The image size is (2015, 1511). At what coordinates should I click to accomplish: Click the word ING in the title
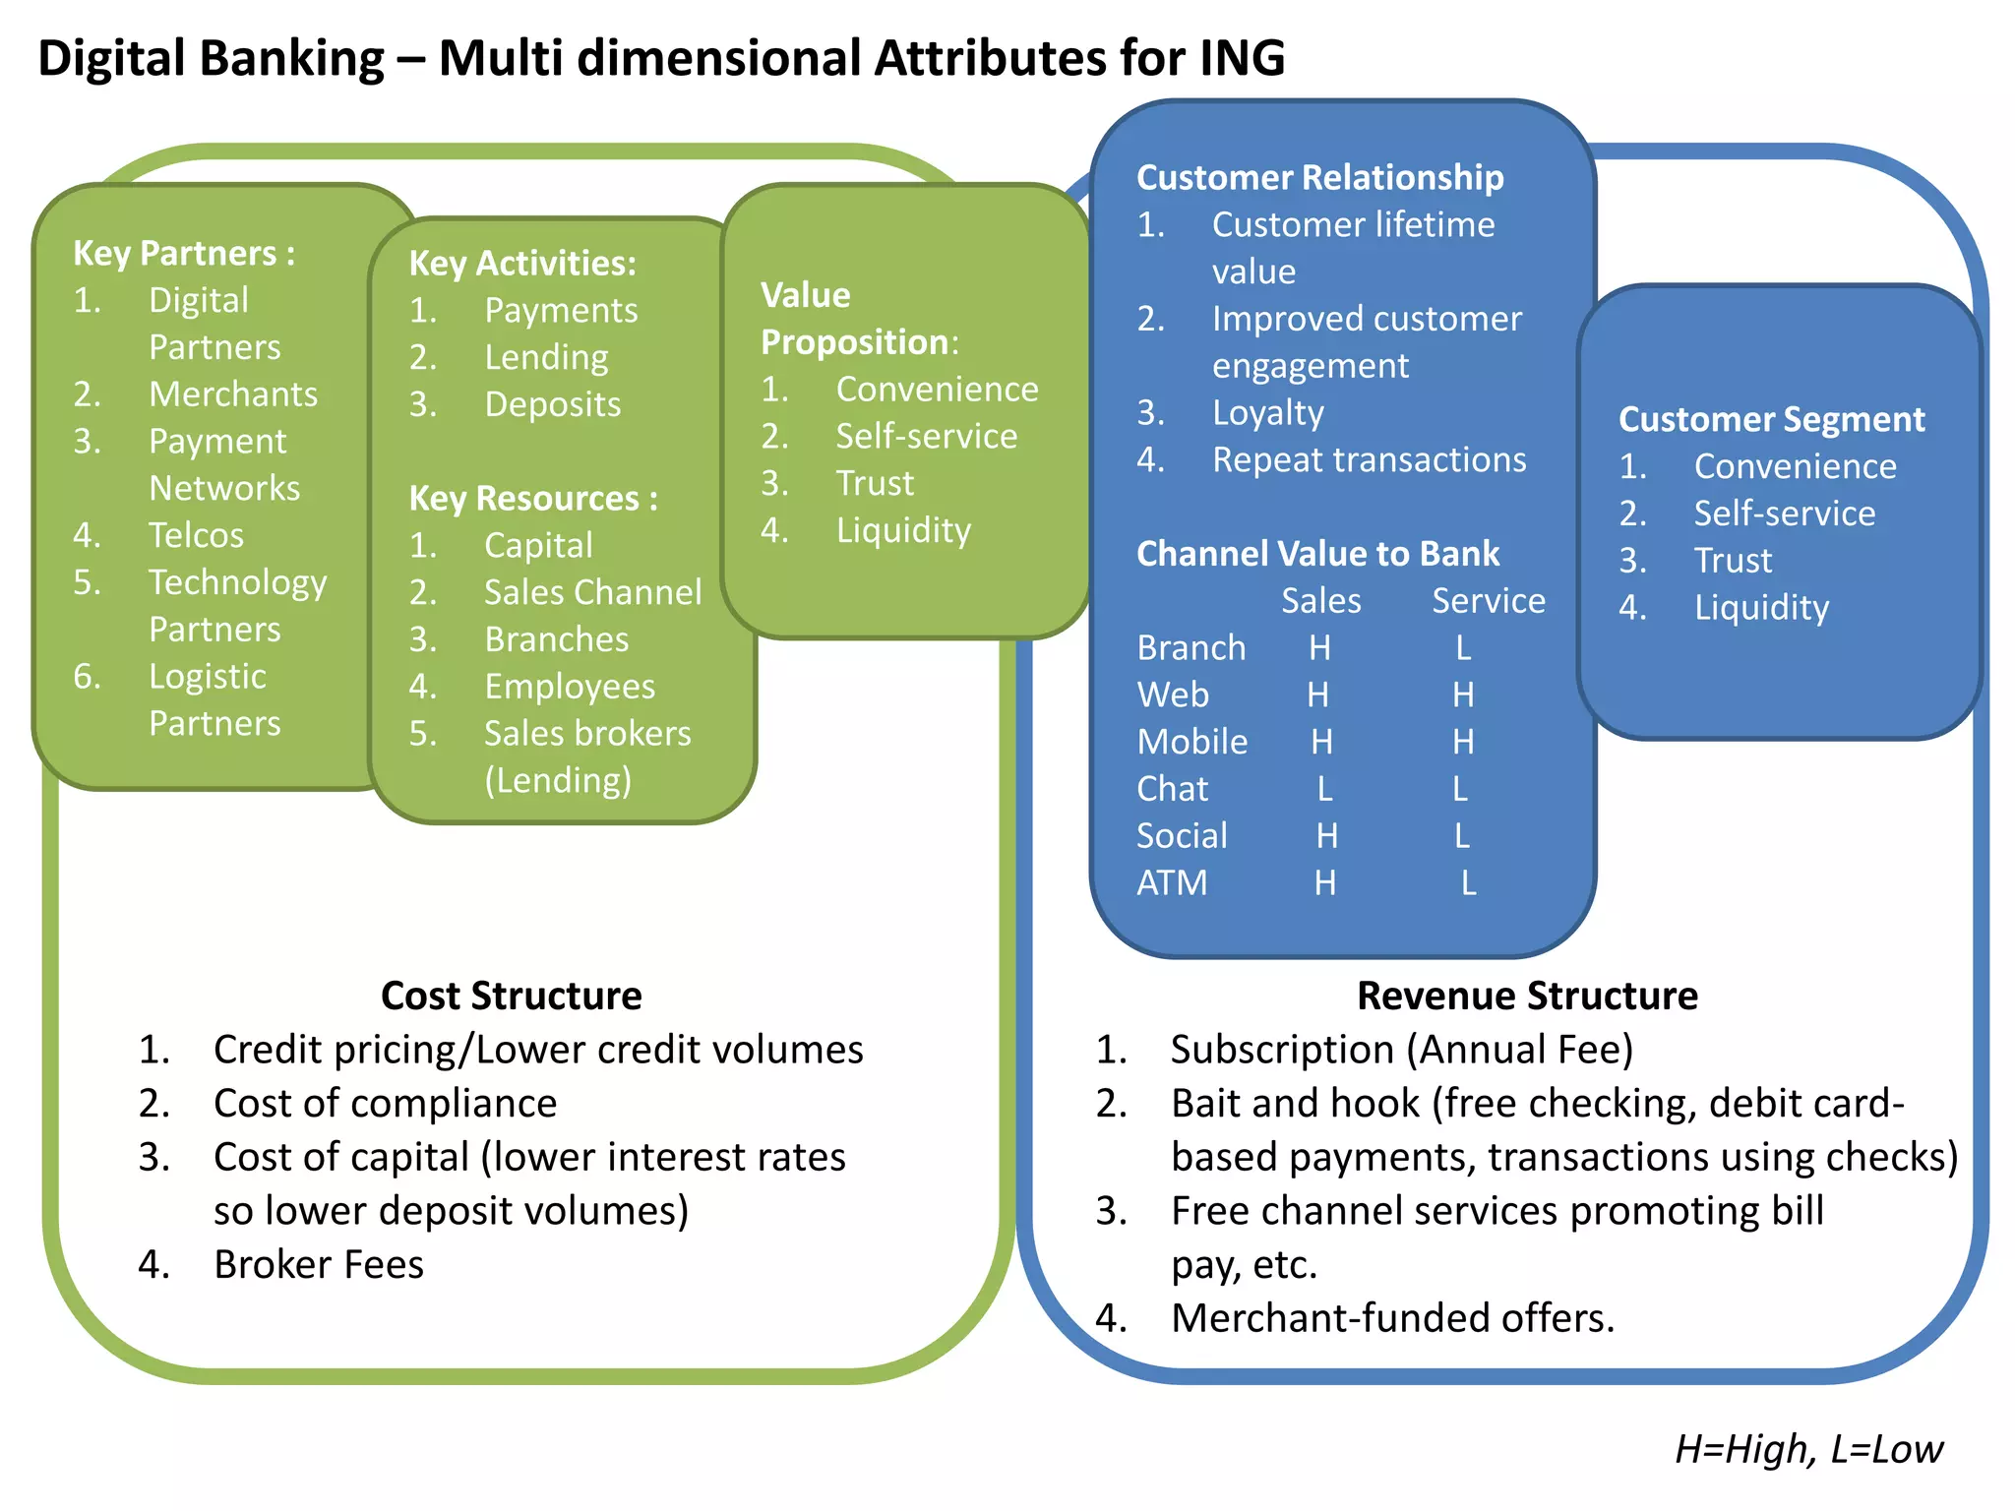(x=1242, y=57)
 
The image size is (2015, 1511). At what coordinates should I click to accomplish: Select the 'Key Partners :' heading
(x=183, y=253)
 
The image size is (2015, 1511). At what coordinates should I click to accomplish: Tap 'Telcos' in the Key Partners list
(x=196, y=535)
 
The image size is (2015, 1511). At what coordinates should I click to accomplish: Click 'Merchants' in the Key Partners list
(x=233, y=393)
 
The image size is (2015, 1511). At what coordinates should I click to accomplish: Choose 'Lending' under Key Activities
(x=546, y=357)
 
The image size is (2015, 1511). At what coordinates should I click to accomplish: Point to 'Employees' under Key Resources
(x=570, y=687)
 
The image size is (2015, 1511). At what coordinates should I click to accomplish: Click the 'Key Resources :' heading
(x=532, y=498)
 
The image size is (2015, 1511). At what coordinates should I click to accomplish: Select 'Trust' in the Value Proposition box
(x=875, y=483)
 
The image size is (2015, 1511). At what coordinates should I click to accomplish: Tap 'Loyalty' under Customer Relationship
(x=1267, y=412)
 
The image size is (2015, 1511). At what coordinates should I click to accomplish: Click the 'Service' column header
(x=1488, y=600)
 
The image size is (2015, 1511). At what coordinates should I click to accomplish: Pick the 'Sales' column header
(x=1320, y=600)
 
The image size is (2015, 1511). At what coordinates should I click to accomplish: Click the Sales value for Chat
(x=1324, y=789)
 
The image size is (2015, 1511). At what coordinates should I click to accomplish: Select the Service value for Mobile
(x=1463, y=742)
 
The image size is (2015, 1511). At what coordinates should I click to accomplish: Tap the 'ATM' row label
(x=1171, y=882)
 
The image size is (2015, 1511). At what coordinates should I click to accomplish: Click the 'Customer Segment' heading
(x=1771, y=419)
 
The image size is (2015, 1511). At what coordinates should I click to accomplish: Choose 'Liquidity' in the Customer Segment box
(x=1761, y=608)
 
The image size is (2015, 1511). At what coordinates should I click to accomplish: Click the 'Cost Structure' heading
(x=511, y=996)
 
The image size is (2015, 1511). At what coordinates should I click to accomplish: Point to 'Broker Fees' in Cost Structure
(x=319, y=1264)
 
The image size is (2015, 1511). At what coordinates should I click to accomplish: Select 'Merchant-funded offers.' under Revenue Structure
(x=1392, y=1317)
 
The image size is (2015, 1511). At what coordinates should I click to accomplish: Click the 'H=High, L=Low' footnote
(x=1808, y=1449)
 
